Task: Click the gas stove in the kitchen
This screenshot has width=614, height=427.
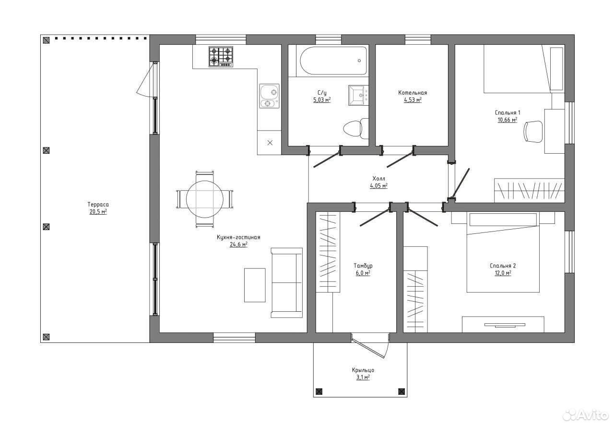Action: pyautogui.click(x=221, y=57)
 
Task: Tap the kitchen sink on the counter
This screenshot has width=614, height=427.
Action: pyautogui.click(x=269, y=96)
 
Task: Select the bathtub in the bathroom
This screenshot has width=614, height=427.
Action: pyautogui.click(x=333, y=61)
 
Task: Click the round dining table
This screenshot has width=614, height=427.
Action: pyautogui.click(x=204, y=199)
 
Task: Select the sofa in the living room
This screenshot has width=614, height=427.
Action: pyautogui.click(x=287, y=282)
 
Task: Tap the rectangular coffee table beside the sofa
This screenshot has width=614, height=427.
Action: pyautogui.click(x=255, y=285)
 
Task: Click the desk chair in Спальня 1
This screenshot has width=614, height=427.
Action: pyautogui.click(x=533, y=132)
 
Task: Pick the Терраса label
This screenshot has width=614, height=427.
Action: pyautogui.click(x=98, y=205)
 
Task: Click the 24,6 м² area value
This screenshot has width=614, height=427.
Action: pyautogui.click(x=238, y=244)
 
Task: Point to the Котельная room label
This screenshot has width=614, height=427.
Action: pyautogui.click(x=413, y=93)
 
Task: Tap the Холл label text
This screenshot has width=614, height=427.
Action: pyautogui.click(x=378, y=179)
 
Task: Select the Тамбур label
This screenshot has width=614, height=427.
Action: pyautogui.click(x=363, y=266)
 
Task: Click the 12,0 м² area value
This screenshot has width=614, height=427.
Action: pyautogui.click(x=503, y=273)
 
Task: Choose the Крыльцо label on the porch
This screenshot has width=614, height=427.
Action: pyautogui.click(x=363, y=370)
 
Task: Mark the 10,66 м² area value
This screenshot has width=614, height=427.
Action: pyautogui.click(x=508, y=120)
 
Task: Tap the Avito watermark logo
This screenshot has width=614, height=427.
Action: pyautogui.click(x=586, y=415)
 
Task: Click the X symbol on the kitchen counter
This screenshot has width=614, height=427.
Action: pyautogui.click(x=270, y=143)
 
